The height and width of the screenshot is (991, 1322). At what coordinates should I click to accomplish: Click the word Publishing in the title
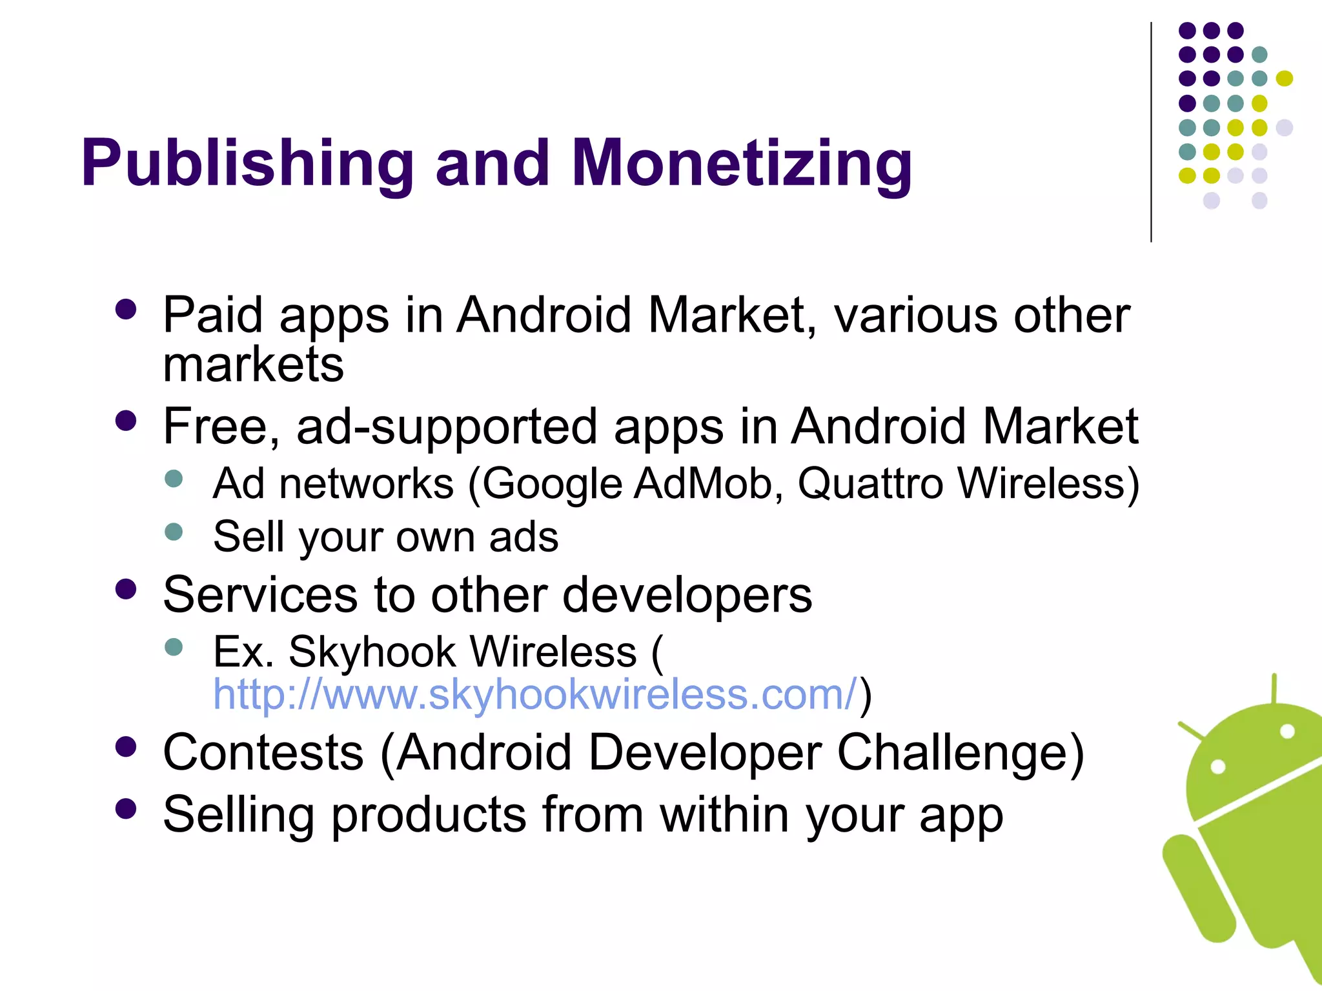pyautogui.click(x=247, y=164)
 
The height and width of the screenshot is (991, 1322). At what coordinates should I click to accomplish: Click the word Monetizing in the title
pyautogui.click(x=742, y=164)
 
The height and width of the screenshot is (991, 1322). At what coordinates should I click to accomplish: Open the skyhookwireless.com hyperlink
pyautogui.click(x=535, y=694)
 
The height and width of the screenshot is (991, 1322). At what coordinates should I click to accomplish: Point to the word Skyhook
pyautogui.click(x=373, y=652)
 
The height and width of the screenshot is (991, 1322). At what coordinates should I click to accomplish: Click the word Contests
pyautogui.click(x=263, y=752)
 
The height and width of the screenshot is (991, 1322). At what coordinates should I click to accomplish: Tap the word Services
pyautogui.click(x=260, y=595)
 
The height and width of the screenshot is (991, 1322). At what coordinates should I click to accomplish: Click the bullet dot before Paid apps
pyautogui.click(x=126, y=309)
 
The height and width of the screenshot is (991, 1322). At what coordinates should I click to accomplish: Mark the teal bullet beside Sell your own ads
pyautogui.click(x=174, y=532)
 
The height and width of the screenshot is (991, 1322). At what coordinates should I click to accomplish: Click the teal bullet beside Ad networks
pyautogui.click(x=174, y=478)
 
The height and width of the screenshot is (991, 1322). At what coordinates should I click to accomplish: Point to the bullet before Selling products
pyautogui.click(x=126, y=808)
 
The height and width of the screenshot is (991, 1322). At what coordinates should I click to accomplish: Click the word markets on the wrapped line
pyautogui.click(x=253, y=365)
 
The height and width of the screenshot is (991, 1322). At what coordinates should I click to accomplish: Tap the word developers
pyautogui.click(x=687, y=595)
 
